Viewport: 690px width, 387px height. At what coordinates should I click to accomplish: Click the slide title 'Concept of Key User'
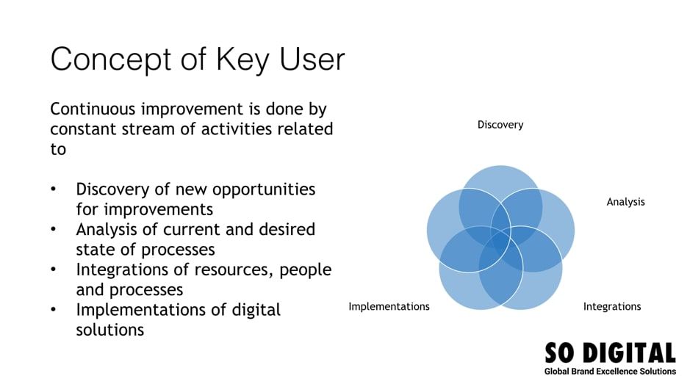point(197,59)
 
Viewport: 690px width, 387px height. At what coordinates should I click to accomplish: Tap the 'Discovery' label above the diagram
point(500,125)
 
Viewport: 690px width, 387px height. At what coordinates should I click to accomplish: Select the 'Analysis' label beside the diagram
point(625,202)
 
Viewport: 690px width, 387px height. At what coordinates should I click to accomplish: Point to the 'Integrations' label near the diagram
point(612,306)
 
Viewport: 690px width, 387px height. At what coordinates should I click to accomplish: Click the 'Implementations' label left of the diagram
point(389,306)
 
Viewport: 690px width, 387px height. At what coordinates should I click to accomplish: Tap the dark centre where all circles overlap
point(500,241)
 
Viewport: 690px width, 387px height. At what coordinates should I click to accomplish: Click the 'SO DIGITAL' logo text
point(609,353)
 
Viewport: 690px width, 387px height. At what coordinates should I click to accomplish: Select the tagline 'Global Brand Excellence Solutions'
point(610,372)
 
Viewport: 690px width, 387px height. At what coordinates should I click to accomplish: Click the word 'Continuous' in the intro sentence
point(93,109)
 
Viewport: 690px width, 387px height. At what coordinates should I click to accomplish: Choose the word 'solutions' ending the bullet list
point(109,330)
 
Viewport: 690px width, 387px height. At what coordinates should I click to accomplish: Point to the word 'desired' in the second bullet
point(288,229)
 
